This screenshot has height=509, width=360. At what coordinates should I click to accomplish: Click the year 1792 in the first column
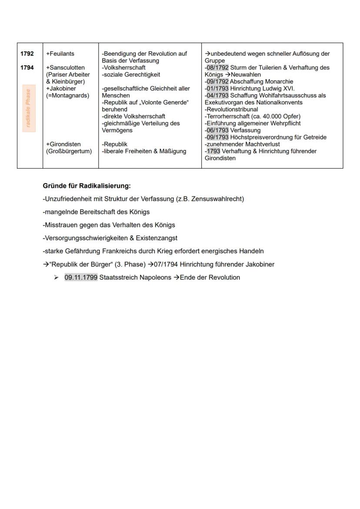pos(27,54)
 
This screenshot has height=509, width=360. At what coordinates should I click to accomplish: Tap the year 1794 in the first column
pos(27,68)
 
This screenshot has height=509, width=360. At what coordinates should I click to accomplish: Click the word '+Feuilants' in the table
pos(60,54)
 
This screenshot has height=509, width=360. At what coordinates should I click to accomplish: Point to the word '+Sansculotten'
pos(65,68)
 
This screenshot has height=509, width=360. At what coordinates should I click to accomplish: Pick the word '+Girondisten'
pos(63,144)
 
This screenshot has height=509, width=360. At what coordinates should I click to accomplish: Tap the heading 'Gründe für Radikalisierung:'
pos(87,186)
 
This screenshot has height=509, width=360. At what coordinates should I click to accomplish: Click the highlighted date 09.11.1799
pos(81,277)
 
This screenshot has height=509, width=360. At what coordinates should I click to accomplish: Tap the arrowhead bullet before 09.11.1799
pos(57,277)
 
